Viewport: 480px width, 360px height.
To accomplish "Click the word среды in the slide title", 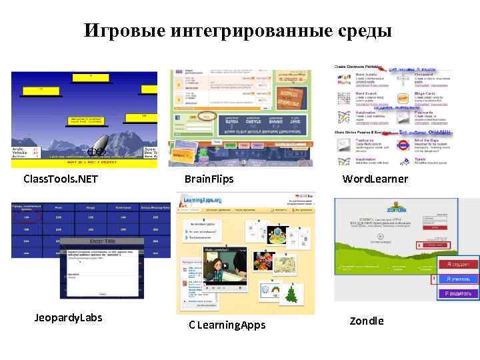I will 361,31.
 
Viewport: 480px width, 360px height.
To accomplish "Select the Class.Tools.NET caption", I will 60,179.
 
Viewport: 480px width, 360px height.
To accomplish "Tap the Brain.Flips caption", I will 209,179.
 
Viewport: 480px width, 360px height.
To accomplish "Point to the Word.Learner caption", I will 375,179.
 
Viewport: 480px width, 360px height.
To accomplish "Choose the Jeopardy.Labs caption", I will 69,317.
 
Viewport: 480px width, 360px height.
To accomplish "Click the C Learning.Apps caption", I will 227,325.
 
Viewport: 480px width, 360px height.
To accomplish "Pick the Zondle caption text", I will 367,321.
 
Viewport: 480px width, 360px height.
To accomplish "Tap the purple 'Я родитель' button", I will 457,293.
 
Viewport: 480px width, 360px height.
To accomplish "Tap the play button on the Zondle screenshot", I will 380,236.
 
